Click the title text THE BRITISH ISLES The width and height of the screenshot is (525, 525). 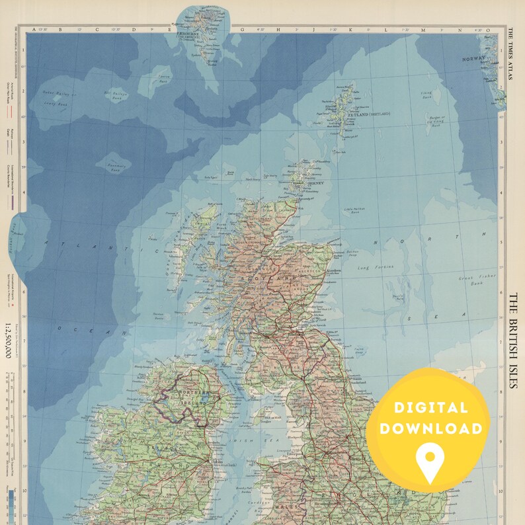[512, 341]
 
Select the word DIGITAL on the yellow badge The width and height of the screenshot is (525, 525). [433, 408]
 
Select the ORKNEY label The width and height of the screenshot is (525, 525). [315, 182]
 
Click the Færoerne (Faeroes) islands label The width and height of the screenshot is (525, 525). [192, 34]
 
